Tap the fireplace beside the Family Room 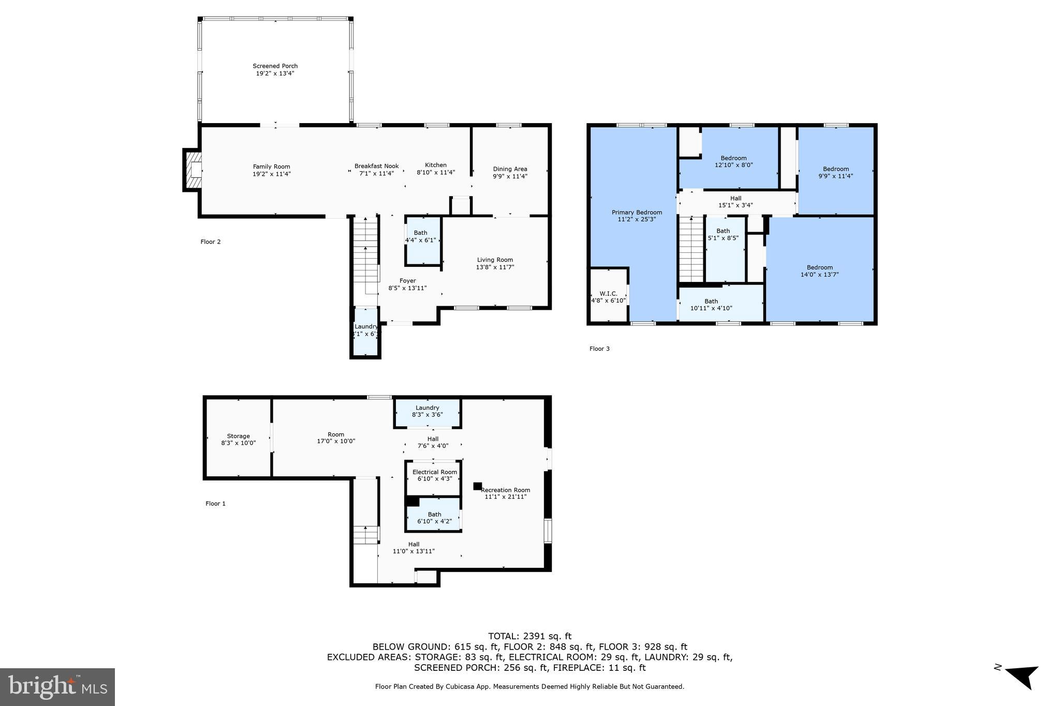[x=193, y=170]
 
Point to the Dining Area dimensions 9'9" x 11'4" [x=510, y=176]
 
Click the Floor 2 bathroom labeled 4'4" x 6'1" [x=420, y=237]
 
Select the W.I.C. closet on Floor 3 [x=608, y=297]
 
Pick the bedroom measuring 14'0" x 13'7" [x=819, y=271]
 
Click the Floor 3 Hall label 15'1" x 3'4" [x=735, y=202]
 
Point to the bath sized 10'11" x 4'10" [x=711, y=305]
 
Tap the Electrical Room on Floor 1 [x=434, y=475]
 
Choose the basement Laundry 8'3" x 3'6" [x=427, y=411]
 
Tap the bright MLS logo [x=57, y=687]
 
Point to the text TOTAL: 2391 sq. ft [x=529, y=636]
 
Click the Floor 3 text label [x=599, y=349]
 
